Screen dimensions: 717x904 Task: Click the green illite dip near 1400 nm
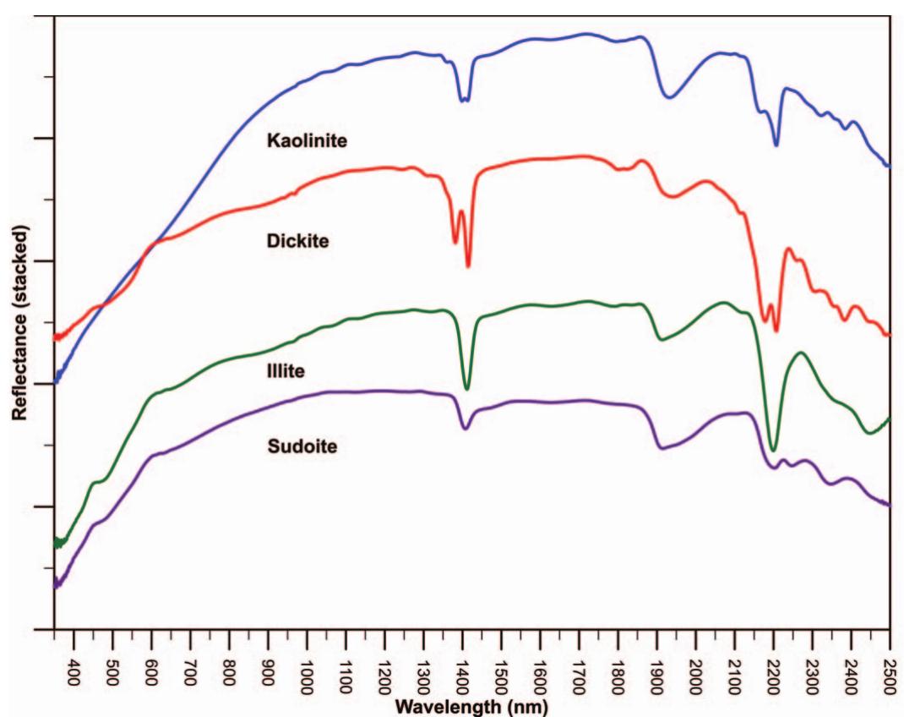pyautogui.click(x=466, y=389)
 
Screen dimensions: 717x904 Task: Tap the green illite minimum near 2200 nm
pyautogui.click(x=773, y=450)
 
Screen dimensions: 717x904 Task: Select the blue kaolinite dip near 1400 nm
pyautogui.click(x=463, y=100)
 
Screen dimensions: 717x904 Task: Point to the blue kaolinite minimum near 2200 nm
pyautogui.click(x=776, y=145)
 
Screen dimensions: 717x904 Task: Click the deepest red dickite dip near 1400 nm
pyautogui.click(x=467, y=266)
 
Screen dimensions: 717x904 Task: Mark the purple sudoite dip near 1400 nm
pyautogui.click(x=465, y=428)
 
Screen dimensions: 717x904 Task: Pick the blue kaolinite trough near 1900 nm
pyautogui.click(x=669, y=97)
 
